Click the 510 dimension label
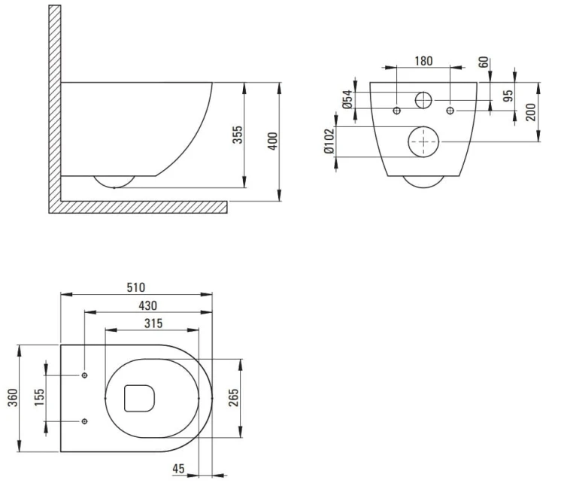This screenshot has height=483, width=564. click(x=136, y=287)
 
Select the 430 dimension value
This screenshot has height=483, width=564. click(x=148, y=306)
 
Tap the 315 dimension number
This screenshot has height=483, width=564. click(x=153, y=324)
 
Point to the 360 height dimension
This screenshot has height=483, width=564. click(x=13, y=398)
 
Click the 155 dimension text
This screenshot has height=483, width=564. click(x=39, y=398)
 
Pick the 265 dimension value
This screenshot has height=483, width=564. click(x=233, y=398)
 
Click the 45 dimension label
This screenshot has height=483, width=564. click(x=178, y=469)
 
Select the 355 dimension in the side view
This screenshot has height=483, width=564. click(x=238, y=135)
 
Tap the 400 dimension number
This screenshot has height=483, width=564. click(x=273, y=141)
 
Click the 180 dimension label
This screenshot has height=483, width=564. click(x=423, y=61)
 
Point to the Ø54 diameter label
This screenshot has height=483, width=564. click(x=347, y=99)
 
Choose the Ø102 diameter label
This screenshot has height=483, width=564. click(x=329, y=141)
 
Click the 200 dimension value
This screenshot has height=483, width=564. click(x=531, y=112)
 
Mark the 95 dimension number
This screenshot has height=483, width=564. click(x=508, y=96)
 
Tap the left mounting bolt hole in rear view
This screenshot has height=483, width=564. click(x=397, y=111)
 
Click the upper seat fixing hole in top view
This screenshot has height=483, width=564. click(x=84, y=375)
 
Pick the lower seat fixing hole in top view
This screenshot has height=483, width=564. click(x=84, y=421)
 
